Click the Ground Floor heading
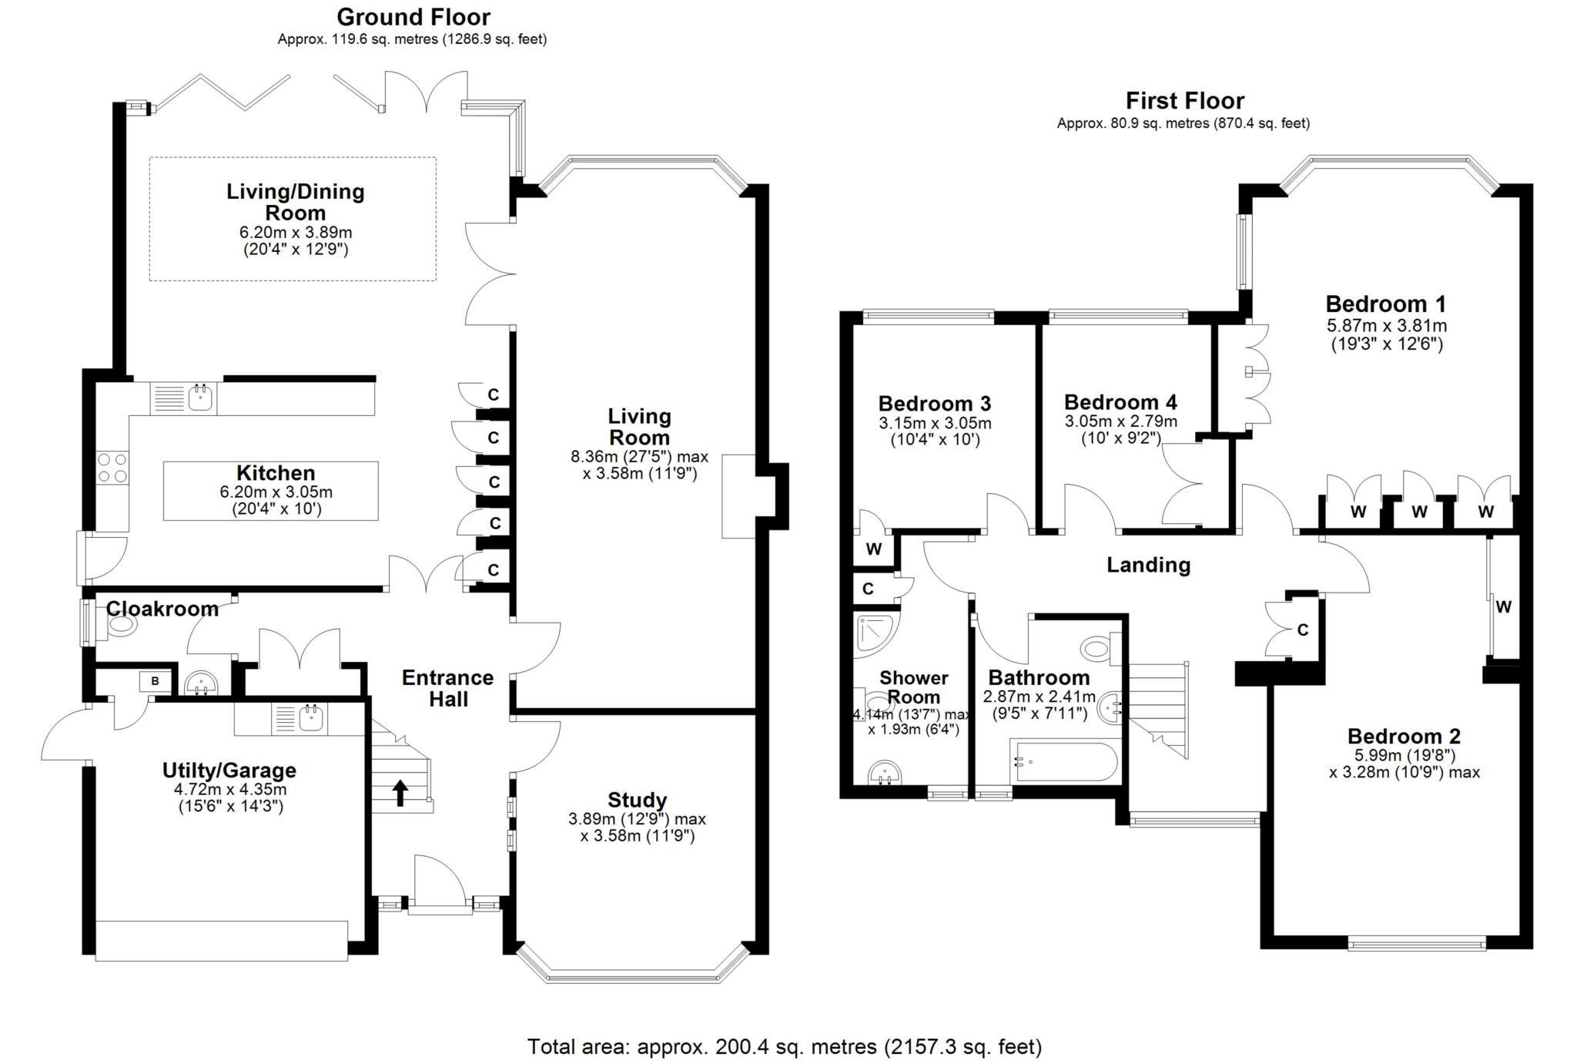tap(413, 17)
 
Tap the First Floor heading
tap(1184, 101)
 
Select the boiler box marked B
tap(155, 681)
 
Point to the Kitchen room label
tap(275, 473)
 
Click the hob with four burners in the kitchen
tap(112, 468)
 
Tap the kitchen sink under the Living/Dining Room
tap(203, 398)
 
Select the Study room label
tap(637, 800)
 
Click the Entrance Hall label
tap(447, 688)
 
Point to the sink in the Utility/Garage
tap(310, 719)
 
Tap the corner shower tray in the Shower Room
tap(875, 636)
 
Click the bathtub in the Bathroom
tap(1063, 761)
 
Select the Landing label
tap(1148, 566)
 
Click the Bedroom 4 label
tap(1120, 402)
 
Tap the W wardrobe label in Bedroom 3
tap(873, 549)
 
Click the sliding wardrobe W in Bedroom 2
tap(1503, 607)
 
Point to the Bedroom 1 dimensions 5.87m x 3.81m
tap(1386, 325)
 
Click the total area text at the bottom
tap(784, 1046)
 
